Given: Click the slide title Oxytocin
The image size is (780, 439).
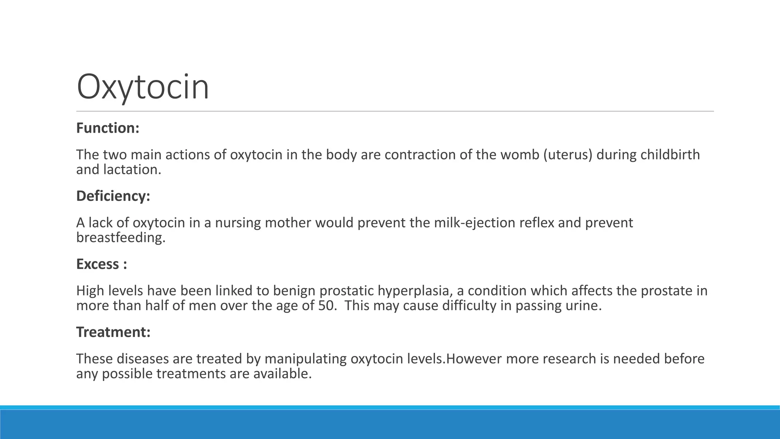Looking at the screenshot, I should point(143,87).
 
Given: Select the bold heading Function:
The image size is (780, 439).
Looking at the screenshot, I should point(108,128).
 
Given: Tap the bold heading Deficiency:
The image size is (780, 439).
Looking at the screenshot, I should point(113,196).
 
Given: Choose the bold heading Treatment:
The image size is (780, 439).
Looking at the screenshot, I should point(113,332).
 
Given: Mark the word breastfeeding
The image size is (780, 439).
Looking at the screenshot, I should point(121,237).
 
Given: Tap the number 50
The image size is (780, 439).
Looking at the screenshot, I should point(327,306).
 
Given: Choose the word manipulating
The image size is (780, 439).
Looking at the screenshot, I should point(305,359).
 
